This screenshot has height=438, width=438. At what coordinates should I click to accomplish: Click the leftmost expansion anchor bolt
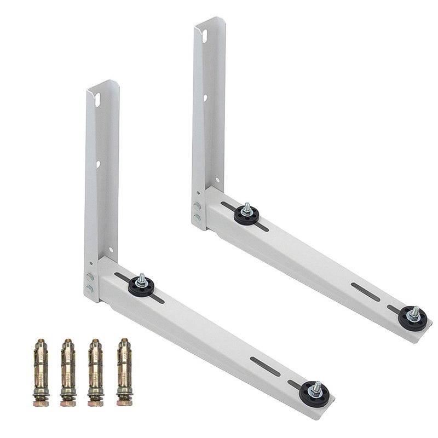(x=41, y=372)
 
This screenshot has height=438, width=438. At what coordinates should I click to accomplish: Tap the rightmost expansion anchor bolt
(x=124, y=372)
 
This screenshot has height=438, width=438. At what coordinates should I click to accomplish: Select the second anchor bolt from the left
(x=68, y=372)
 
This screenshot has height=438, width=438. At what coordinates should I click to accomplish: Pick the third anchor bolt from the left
(x=96, y=372)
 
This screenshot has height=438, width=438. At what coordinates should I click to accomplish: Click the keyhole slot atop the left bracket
(x=97, y=100)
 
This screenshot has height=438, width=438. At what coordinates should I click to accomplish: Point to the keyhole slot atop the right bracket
(x=204, y=36)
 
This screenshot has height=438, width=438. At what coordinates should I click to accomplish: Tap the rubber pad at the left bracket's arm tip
(x=314, y=394)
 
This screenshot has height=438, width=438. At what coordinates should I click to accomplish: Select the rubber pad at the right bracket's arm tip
(x=413, y=318)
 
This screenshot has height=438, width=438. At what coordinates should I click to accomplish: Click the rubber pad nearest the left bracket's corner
(x=141, y=286)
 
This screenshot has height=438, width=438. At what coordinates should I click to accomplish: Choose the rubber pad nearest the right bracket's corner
(x=246, y=214)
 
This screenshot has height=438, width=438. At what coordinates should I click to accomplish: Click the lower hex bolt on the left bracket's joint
(x=90, y=289)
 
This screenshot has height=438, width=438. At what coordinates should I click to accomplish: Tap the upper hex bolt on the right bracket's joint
(x=197, y=206)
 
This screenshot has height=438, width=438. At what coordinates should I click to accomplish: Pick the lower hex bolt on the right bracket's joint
(x=197, y=217)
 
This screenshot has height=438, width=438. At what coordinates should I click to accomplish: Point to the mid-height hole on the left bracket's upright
(x=98, y=164)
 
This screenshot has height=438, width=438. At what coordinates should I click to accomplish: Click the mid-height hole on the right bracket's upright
(x=205, y=99)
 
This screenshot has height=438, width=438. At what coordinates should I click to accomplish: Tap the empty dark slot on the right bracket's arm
(x=365, y=292)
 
